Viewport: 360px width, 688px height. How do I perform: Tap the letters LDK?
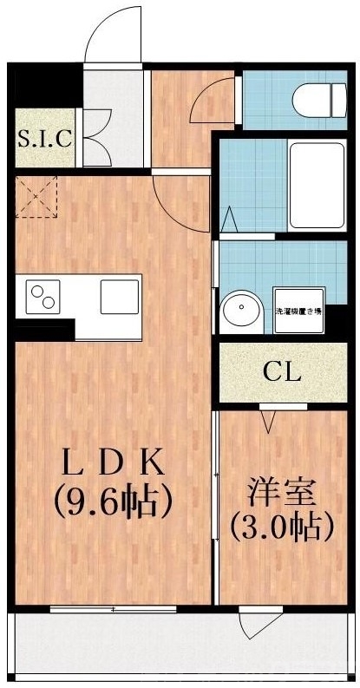(x=110, y=462)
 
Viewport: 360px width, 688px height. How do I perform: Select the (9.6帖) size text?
(x=110, y=501)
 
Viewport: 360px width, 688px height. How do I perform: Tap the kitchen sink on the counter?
(x=119, y=297)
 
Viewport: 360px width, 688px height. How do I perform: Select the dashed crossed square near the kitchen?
(x=36, y=197)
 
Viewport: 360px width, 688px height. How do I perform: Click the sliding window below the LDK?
(x=113, y=609)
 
